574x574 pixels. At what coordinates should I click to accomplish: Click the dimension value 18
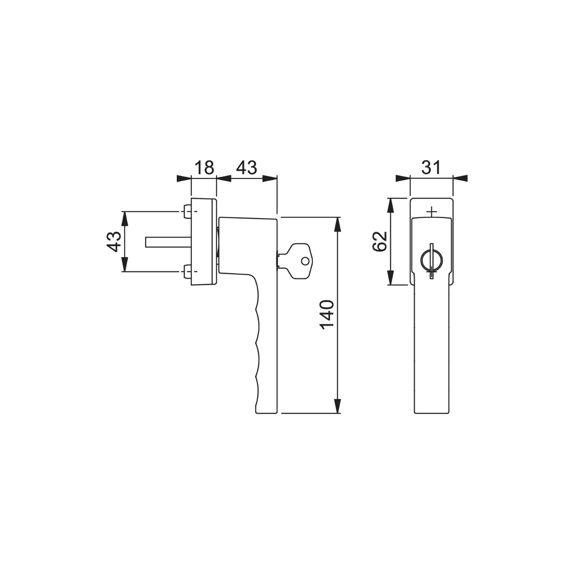click(x=204, y=168)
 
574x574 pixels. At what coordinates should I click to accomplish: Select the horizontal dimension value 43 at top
click(x=247, y=168)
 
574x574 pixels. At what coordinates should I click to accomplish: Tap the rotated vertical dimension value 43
click(x=114, y=242)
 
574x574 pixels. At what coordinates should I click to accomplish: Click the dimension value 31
click(x=431, y=168)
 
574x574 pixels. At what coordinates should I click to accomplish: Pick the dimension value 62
click(x=380, y=241)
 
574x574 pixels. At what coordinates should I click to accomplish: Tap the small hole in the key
click(x=305, y=261)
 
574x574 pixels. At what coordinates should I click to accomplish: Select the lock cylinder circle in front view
click(x=431, y=261)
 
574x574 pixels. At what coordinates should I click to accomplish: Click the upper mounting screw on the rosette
click(x=187, y=211)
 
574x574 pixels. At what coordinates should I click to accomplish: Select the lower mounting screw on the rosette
click(x=187, y=272)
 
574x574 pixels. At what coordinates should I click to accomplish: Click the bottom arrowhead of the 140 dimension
click(x=338, y=406)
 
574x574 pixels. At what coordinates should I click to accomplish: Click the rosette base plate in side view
click(x=203, y=242)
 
